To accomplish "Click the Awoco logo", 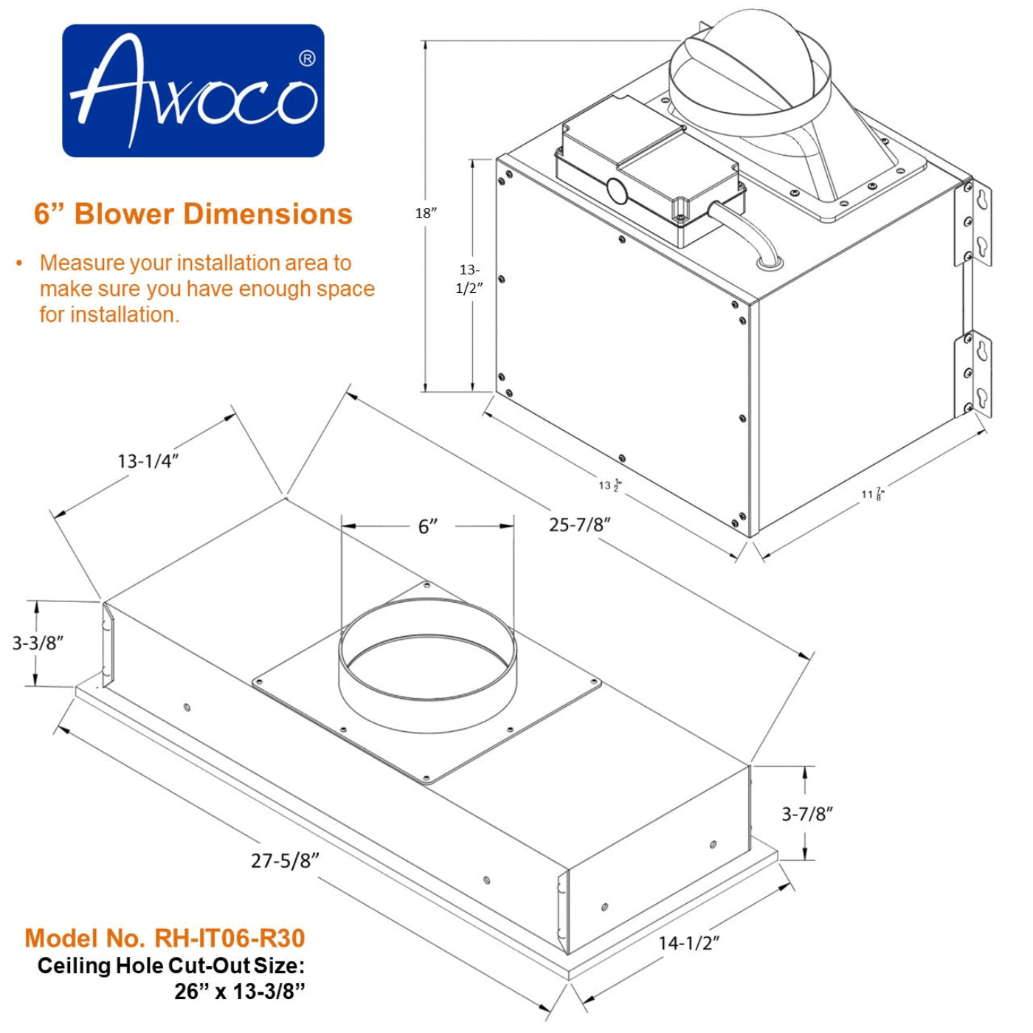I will [193, 91].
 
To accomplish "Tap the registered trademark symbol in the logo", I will [307, 58].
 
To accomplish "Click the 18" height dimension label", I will [426, 213].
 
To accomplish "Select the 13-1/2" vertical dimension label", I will [469, 279].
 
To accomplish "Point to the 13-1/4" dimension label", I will [148, 461].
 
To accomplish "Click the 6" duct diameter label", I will [428, 527].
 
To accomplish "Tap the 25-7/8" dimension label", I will [579, 525].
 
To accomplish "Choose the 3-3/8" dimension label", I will [38, 643].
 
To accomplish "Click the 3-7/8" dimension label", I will [807, 814].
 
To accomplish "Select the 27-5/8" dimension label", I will [285, 860].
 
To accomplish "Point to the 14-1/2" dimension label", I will [688, 942].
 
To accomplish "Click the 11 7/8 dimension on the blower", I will [872, 494].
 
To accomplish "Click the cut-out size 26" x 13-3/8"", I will [239, 991].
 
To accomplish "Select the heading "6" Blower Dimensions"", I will [193, 214].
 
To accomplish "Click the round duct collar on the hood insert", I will [427, 664].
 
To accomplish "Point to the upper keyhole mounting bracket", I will [976, 222].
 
